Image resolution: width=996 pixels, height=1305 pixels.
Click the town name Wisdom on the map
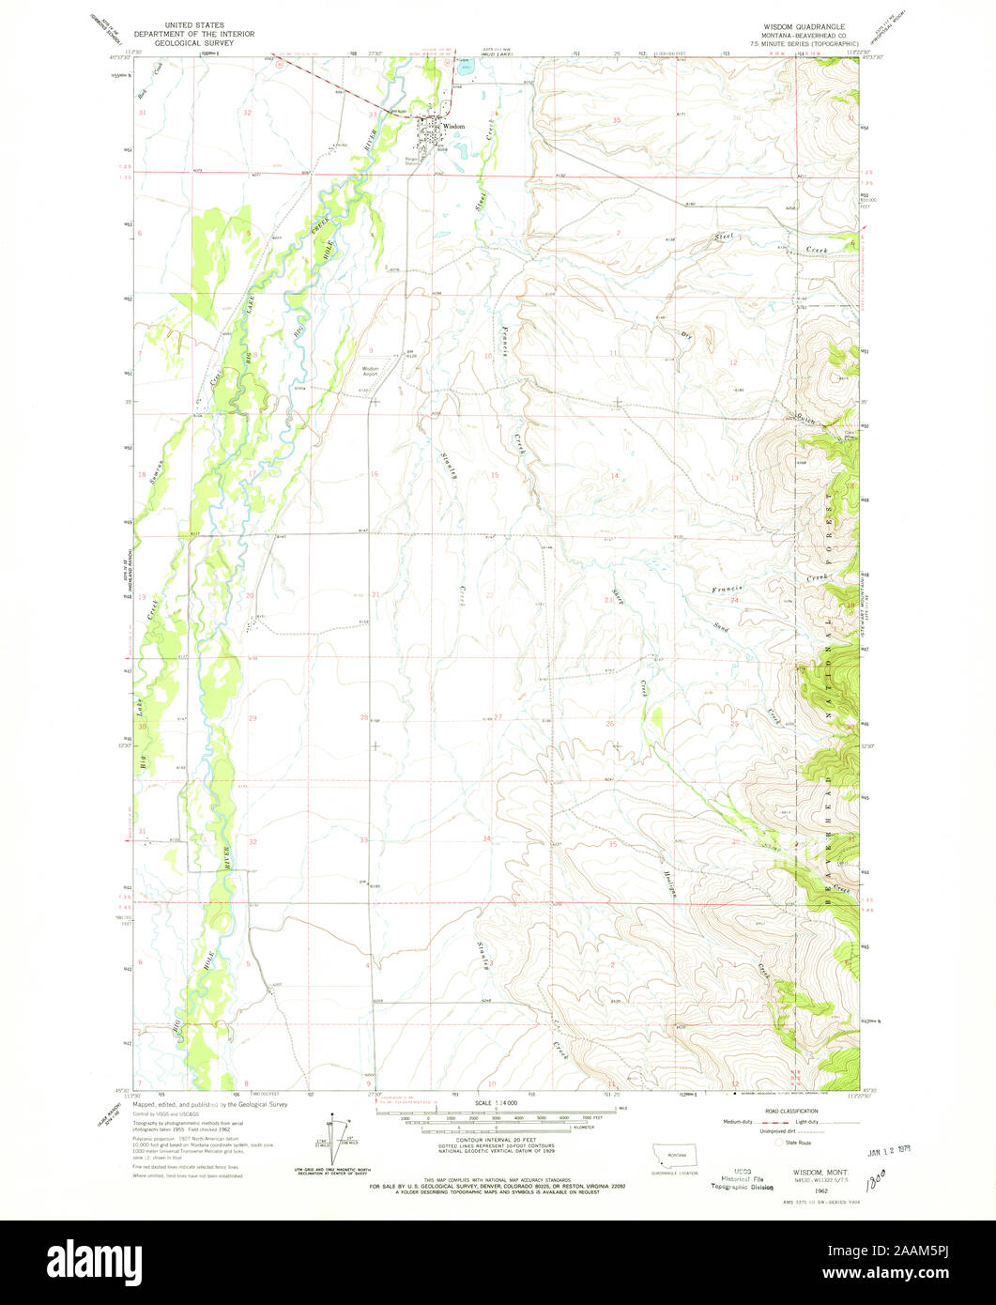[453, 126]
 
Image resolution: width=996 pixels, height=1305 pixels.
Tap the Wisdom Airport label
[372, 371]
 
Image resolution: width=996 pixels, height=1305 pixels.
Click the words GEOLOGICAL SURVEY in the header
[203, 43]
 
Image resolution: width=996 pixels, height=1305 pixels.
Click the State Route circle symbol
[778, 1143]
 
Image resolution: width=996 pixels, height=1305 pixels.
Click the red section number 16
[374, 474]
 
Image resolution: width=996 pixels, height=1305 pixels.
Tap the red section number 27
[498, 717]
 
